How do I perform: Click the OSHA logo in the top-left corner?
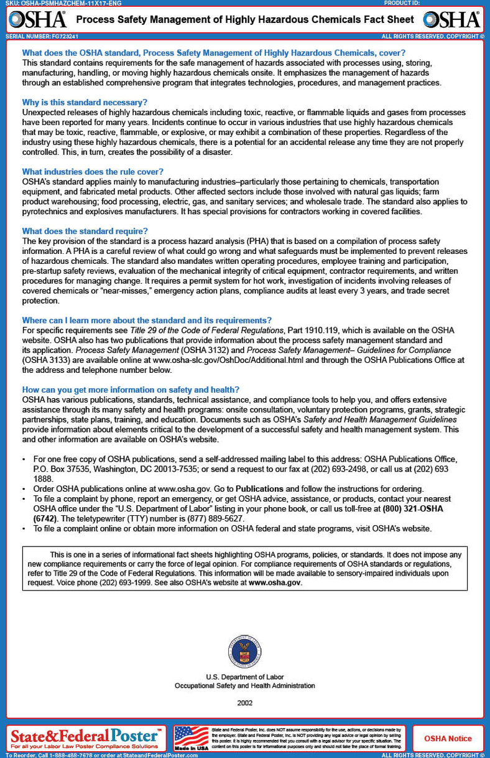[38, 20]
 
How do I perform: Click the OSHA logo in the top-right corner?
[456, 20]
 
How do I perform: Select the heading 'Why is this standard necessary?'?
[85, 102]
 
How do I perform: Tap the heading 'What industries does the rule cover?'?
[93, 171]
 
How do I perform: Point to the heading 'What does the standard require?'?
[85, 231]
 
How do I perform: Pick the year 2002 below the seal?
[244, 703]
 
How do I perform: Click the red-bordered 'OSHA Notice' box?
[448, 739]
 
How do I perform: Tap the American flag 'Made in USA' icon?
[191, 738]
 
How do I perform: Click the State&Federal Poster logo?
[86, 738]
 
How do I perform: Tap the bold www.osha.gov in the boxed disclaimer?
[274, 583]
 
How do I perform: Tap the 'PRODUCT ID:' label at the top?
[401, 3]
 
